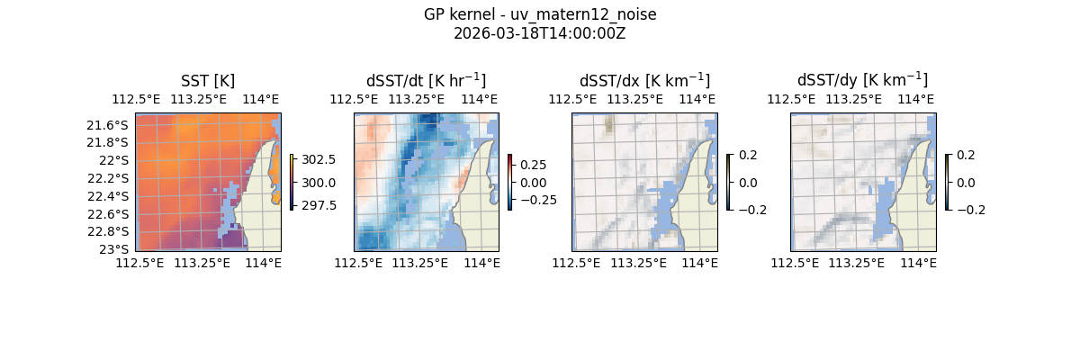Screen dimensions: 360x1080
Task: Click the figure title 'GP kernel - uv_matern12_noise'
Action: pos(540,15)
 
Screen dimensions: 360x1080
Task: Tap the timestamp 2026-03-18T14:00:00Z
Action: pos(540,34)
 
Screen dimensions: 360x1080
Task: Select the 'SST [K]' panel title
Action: pos(208,81)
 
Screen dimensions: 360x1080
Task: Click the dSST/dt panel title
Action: pos(426,81)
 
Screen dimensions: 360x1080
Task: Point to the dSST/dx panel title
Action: pos(644,81)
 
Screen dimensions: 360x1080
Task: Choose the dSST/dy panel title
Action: pos(862,81)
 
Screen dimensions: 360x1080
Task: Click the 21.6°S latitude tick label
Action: pos(107,125)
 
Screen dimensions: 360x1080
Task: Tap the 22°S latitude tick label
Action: pos(112,160)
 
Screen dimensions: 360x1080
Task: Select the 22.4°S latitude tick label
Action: pos(107,196)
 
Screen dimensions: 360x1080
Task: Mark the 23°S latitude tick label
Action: pos(112,248)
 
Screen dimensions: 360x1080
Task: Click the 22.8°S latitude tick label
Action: pos(107,231)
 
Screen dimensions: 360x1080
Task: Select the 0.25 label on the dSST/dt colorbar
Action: pos(532,165)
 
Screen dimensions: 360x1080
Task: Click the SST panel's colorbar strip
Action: pos(292,182)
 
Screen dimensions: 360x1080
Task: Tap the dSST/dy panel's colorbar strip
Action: pos(948,182)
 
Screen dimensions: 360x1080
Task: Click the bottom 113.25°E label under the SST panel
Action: pos(202,263)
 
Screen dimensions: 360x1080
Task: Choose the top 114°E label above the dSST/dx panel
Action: pos(697,99)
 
